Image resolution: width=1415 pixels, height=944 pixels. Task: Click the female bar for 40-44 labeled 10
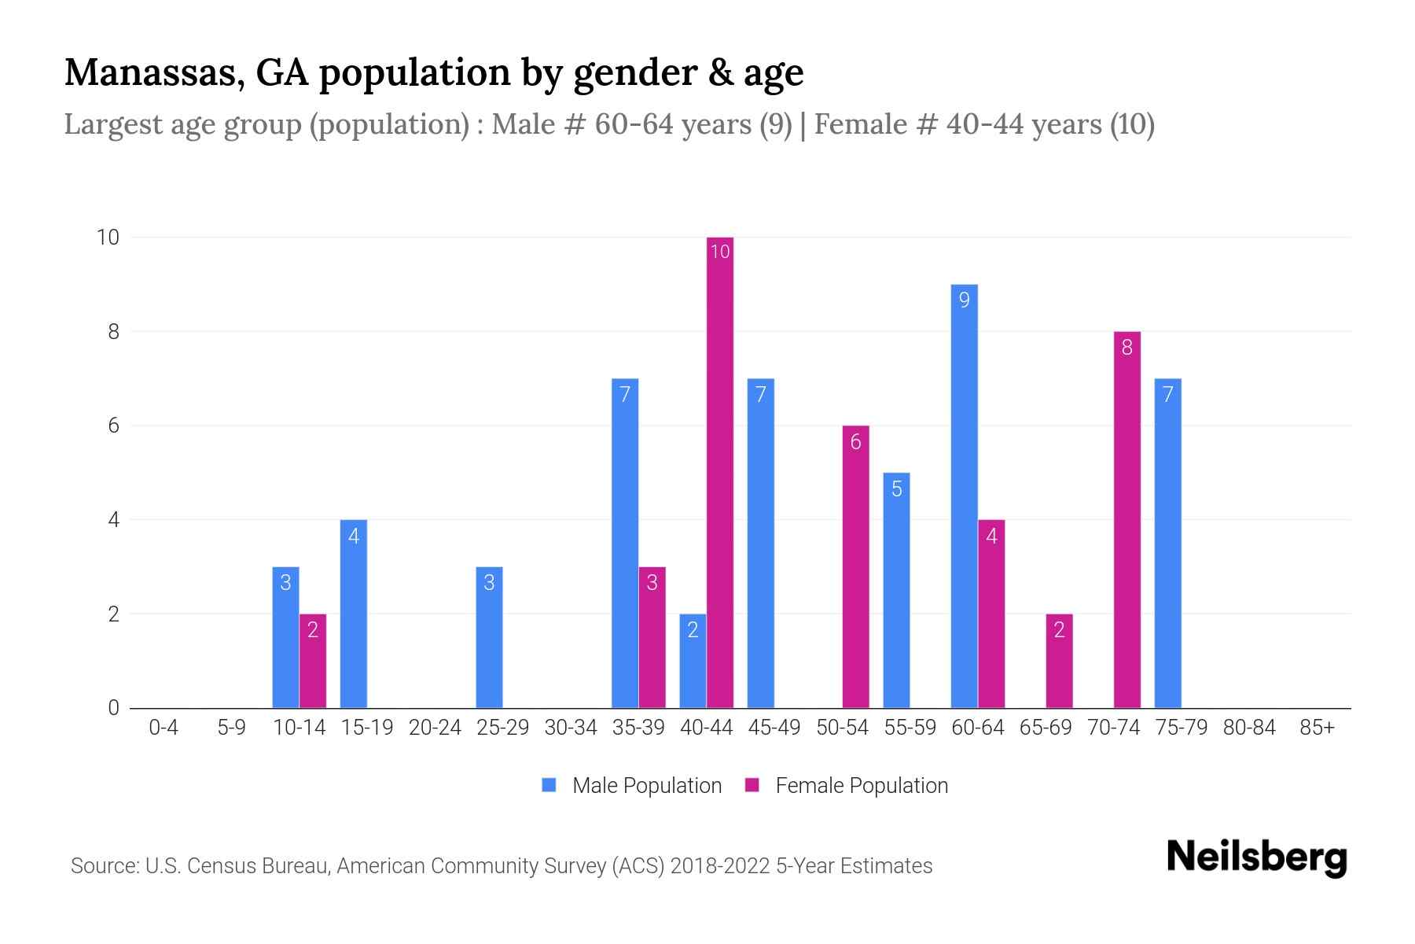coord(719,472)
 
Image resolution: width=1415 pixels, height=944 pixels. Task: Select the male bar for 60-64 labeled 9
coord(964,496)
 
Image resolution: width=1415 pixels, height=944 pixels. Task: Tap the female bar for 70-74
coord(1126,519)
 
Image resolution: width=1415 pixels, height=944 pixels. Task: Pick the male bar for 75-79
coord(1167,543)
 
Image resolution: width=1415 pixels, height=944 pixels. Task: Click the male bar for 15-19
coord(353,614)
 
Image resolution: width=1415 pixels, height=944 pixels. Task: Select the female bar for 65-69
coord(1059,661)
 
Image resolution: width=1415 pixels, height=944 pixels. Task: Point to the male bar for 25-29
coord(489,637)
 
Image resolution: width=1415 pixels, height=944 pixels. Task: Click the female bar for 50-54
coord(855,566)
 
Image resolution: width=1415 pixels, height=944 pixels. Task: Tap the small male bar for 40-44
coord(693,661)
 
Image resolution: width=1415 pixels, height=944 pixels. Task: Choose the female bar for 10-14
coord(313,661)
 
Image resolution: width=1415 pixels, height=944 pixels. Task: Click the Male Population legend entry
coord(631,786)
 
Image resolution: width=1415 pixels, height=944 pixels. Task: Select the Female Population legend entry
coord(847,786)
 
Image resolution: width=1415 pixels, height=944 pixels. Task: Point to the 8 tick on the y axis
coord(114,332)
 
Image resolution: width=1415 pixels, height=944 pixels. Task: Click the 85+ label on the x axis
coord(1317,728)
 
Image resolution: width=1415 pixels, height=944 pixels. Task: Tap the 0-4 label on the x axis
coord(164,728)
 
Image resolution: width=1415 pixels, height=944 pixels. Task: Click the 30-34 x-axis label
coord(571,728)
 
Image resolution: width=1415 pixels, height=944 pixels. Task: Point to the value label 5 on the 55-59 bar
coord(896,489)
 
